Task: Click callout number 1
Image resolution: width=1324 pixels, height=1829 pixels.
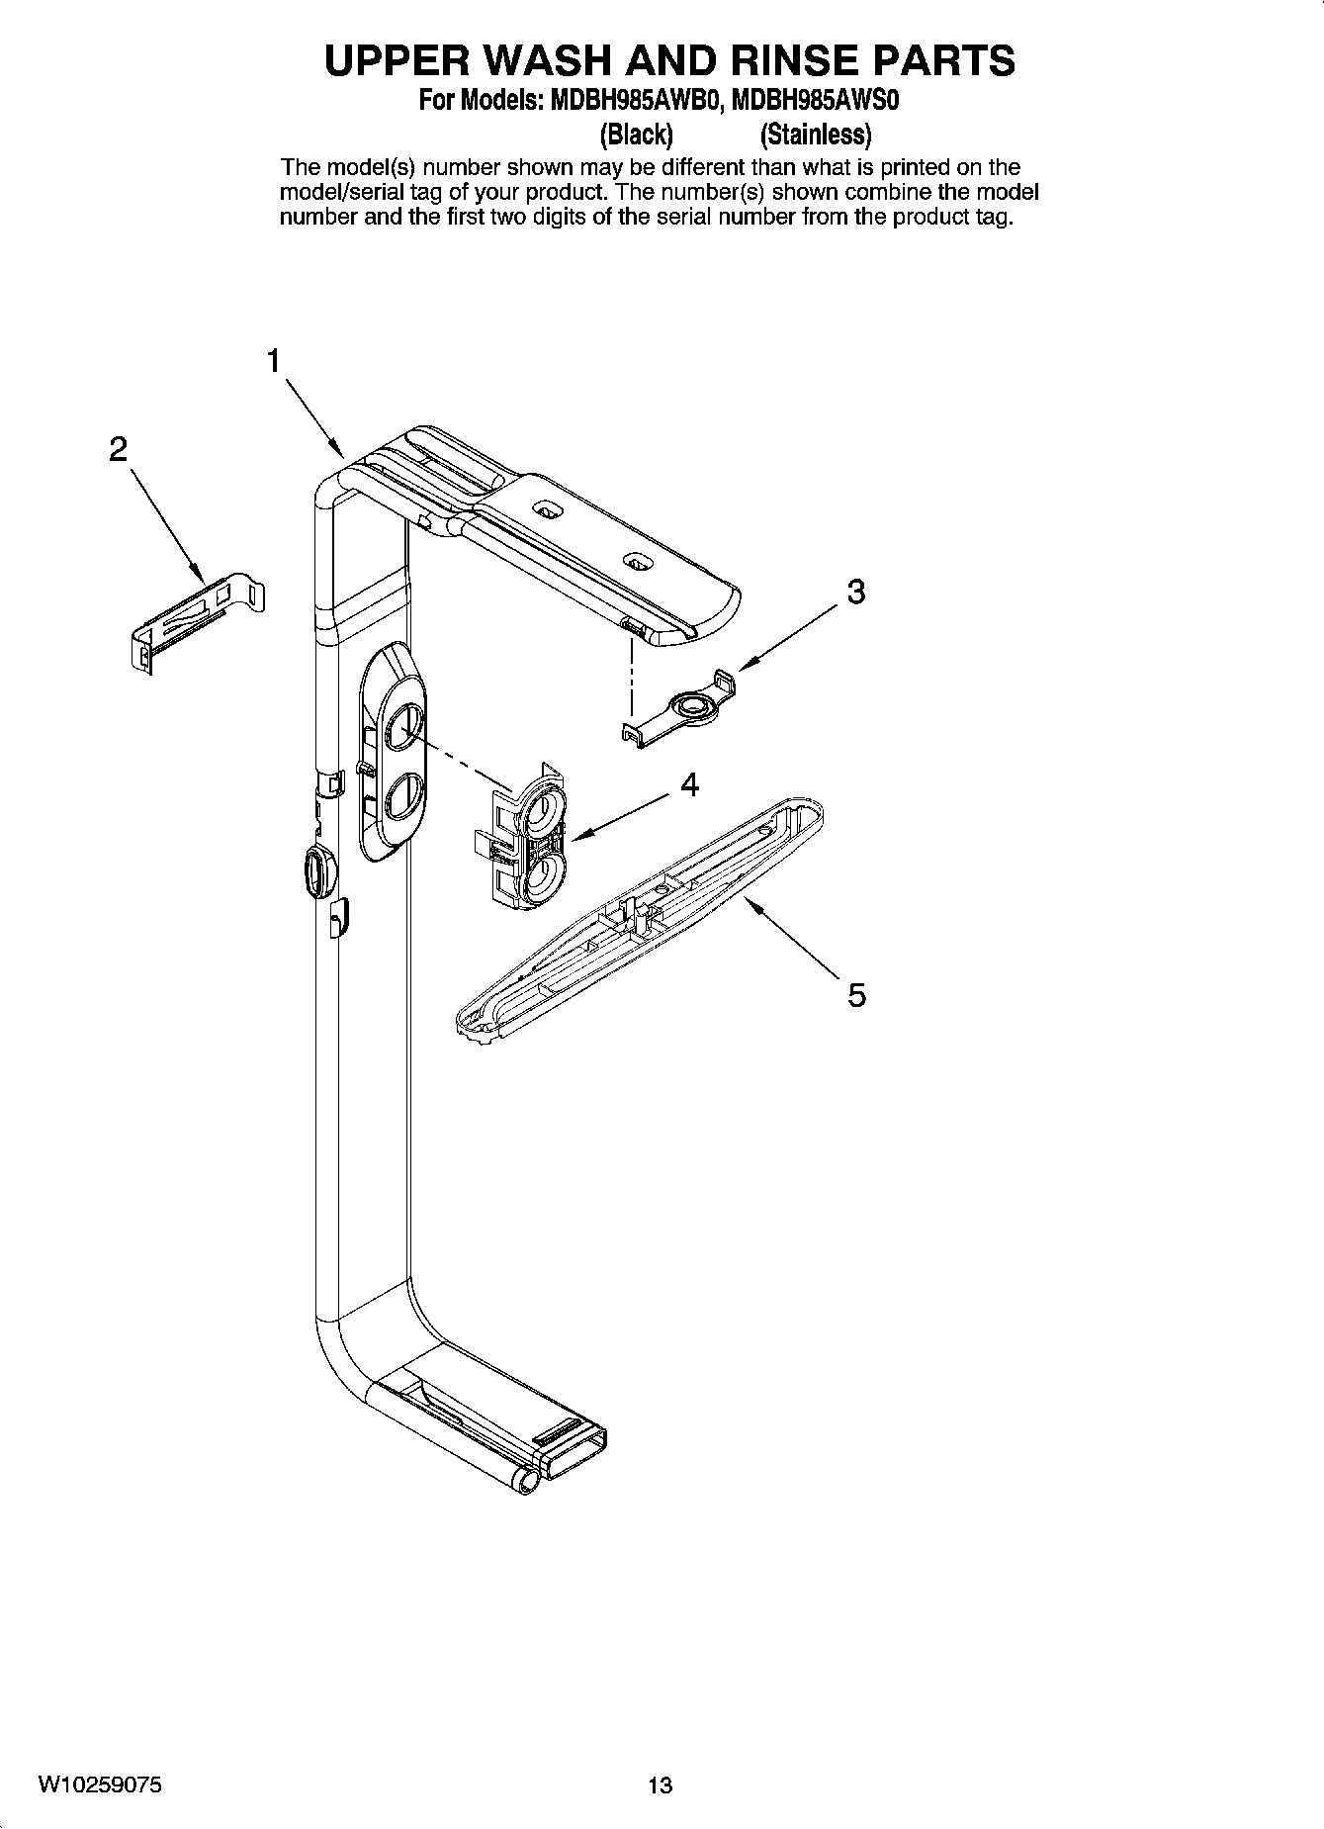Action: tap(274, 362)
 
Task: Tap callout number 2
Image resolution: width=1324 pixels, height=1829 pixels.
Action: tap(118, 451)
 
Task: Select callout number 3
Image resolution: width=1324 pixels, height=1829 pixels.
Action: tap(856, 592)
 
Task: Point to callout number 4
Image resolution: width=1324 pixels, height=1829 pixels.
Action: tap(689, 785)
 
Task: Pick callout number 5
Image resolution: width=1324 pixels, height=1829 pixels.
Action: tap(857, 994)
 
